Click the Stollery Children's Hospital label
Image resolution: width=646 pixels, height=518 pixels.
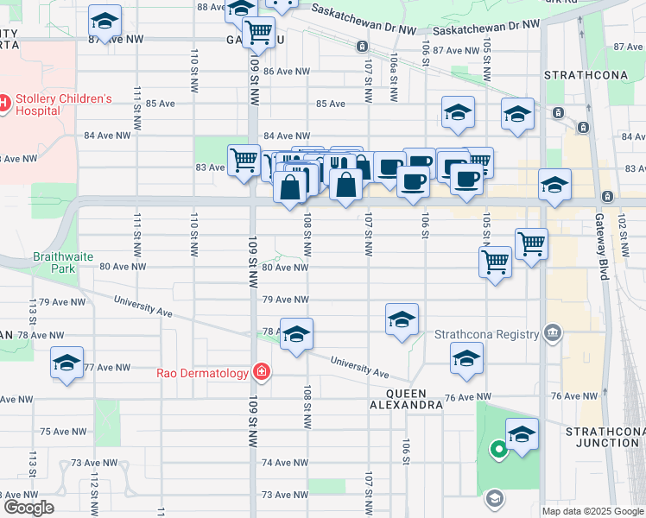pyautogui.click(x=60, y=105)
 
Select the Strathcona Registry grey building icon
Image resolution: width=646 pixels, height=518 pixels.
pyautogui.click(x=553, y=333)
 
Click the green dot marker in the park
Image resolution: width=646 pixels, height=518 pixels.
pyautogui.click(x=497, y=448)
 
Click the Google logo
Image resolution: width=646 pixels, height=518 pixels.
pyautogui.click(x=28, y=508)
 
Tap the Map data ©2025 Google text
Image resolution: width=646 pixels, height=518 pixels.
pyautogui.click(x=592, y=511)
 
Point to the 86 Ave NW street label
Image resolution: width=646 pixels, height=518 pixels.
pyautogui.click(x=286, y=72)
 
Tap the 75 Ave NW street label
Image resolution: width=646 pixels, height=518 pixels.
pyautogui.click(x=65, y=431)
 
